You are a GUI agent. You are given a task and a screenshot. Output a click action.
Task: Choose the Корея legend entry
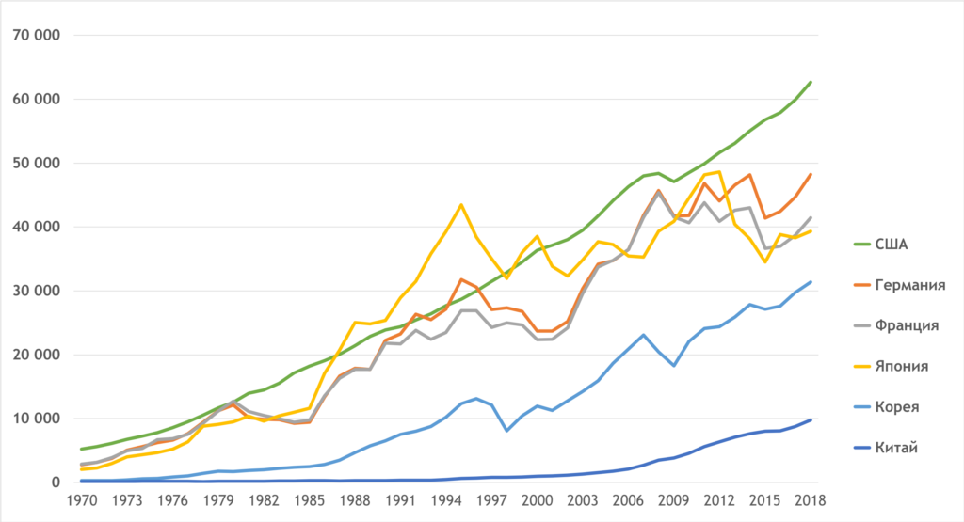894,406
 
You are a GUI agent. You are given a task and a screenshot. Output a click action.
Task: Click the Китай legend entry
894,447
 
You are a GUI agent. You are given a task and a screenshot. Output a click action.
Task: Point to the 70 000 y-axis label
34,36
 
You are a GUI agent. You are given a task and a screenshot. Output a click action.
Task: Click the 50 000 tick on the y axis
34,164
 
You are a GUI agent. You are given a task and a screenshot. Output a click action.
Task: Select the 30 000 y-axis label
34,292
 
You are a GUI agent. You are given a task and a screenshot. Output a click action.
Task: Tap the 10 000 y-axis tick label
34,419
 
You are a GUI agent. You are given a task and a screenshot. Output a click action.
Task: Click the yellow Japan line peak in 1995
461,204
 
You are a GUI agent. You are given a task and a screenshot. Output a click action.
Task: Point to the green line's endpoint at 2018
811,82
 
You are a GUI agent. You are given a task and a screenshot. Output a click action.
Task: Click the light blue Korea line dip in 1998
507,431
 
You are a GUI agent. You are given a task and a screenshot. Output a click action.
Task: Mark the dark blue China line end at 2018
811,419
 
